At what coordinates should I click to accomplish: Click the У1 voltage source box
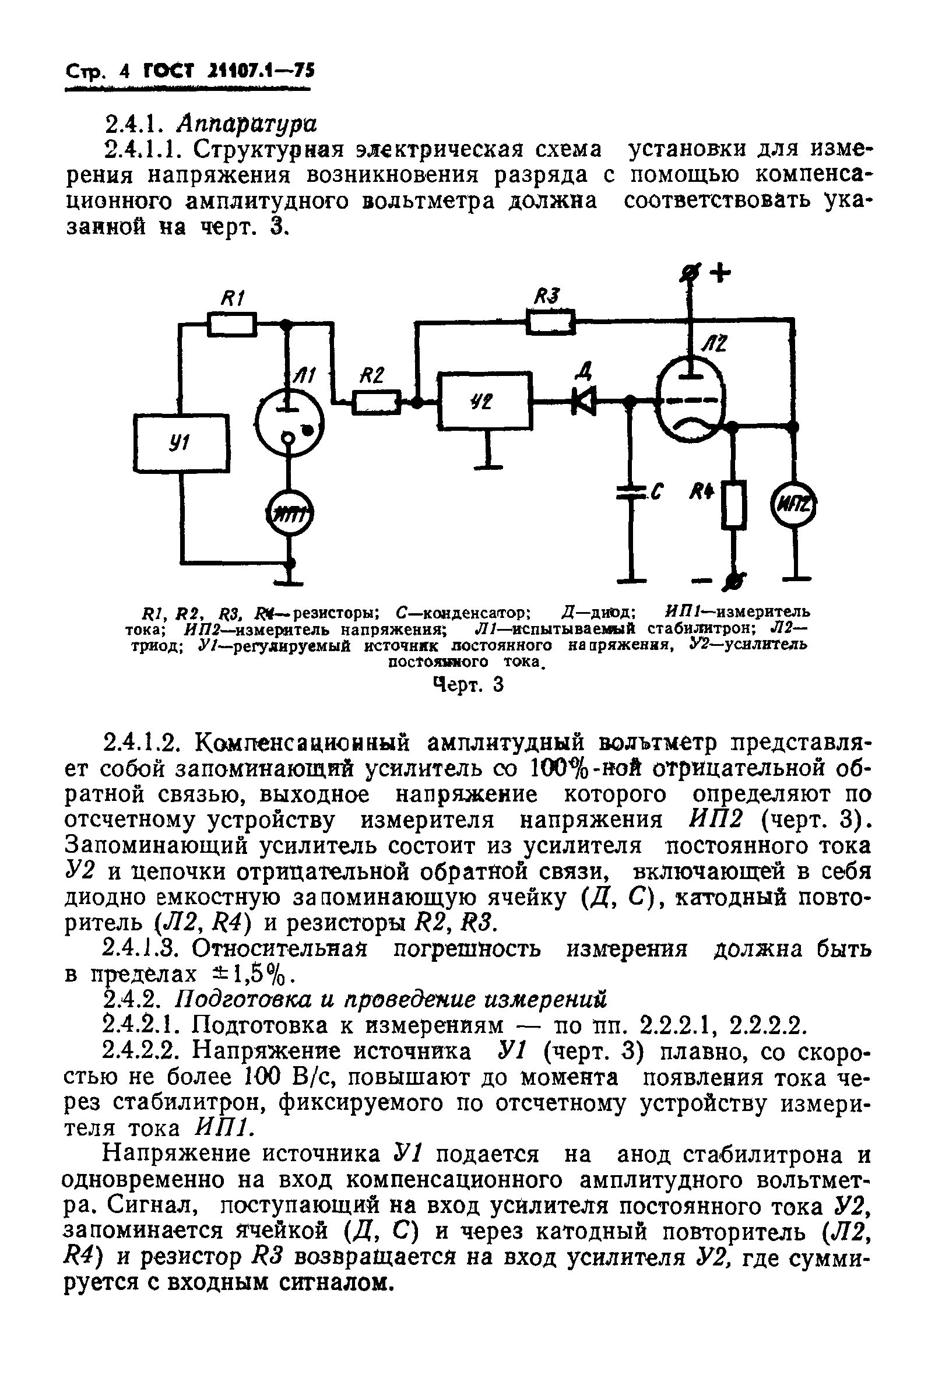pos(181,442)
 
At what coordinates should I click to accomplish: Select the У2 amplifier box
pos(484,400)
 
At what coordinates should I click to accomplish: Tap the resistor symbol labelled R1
pos(232,325)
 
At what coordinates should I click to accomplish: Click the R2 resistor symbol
pos(377,402)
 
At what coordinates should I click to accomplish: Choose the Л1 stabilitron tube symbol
pos(289,422)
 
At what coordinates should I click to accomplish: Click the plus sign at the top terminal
pos(720,274)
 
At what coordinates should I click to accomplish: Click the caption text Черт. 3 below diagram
pos(469,685)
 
